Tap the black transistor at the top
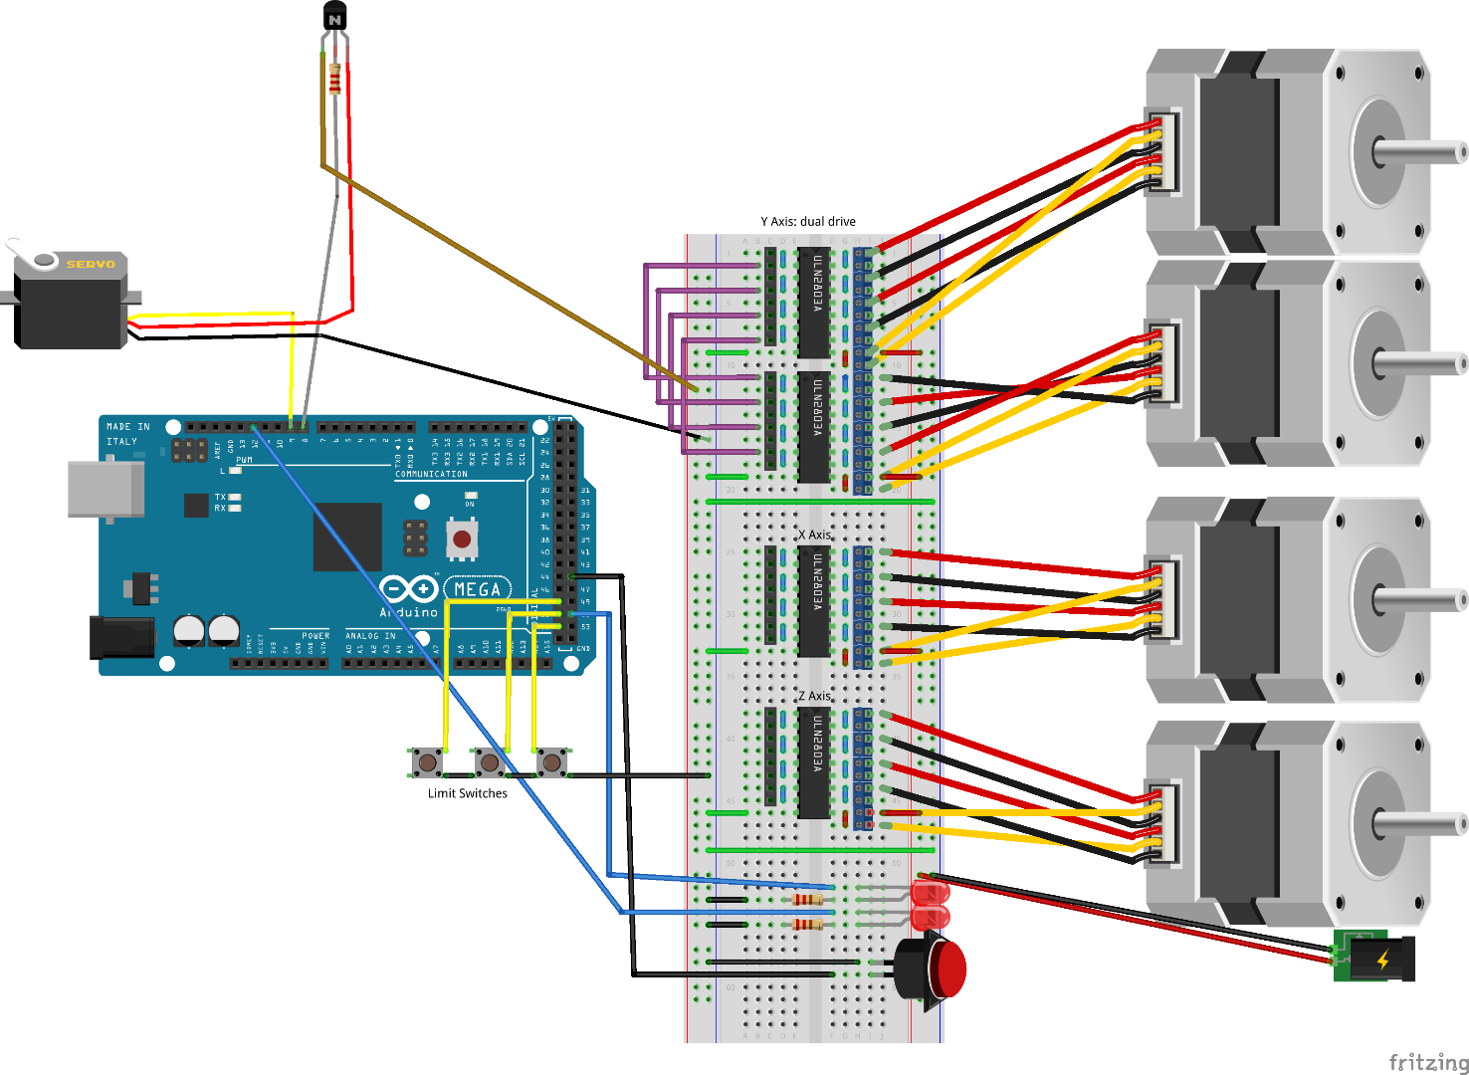click(335, 17)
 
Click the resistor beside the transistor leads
click(334, 79)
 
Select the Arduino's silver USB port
click(105, 489)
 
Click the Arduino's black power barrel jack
click(122, 637)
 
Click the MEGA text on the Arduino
click(477, 589)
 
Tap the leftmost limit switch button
click(428, 762)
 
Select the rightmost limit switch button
click(551, 762)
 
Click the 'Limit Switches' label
click(467, 793)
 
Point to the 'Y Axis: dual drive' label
click(807, 222)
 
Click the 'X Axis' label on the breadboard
click(813, 535)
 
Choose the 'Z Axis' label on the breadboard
click(813, 696)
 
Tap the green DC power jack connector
click(1373, 958)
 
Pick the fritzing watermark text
click(1427, 1062)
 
